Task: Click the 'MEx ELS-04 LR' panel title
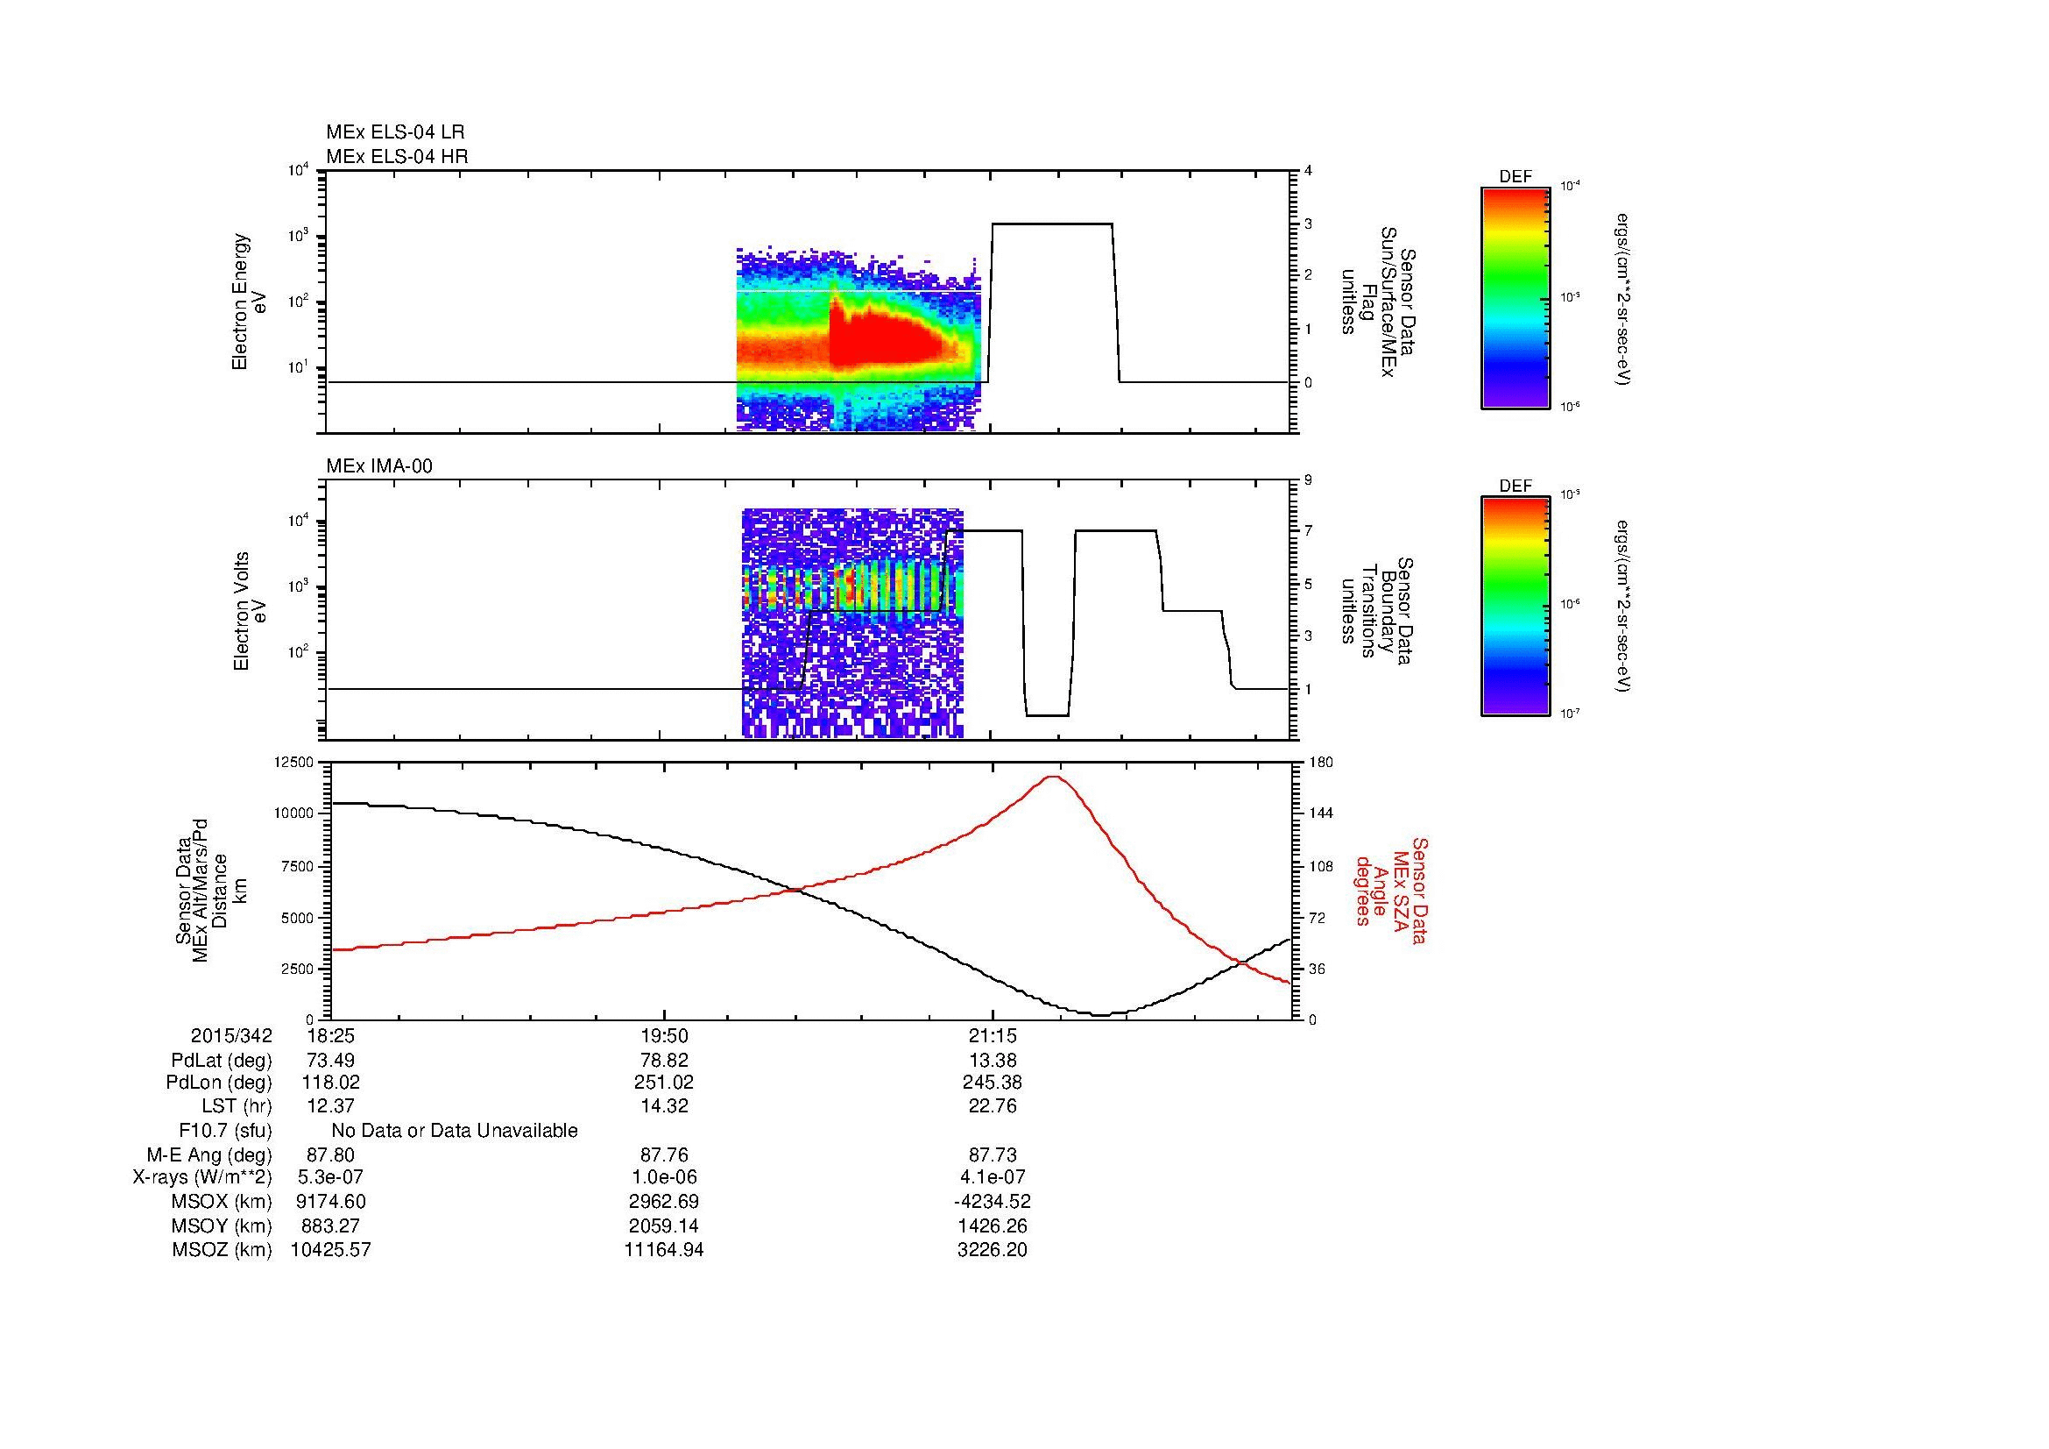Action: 395,132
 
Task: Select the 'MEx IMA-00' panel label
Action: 379,466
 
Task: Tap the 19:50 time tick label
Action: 664,1035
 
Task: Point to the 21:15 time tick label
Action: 993,1035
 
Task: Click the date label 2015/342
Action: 231,1035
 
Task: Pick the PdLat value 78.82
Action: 664,1061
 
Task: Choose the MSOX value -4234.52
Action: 993,1202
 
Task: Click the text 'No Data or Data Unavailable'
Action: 455,1131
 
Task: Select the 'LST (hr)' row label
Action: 237,1106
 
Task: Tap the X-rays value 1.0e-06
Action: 664,1177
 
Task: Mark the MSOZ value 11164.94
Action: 664,1250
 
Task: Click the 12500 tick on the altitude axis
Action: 295,763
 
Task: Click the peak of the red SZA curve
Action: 1054,777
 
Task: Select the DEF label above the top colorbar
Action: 1516,177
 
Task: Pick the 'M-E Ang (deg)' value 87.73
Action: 993,1155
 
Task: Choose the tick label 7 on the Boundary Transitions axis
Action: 1309,531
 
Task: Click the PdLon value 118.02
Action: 331,1083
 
